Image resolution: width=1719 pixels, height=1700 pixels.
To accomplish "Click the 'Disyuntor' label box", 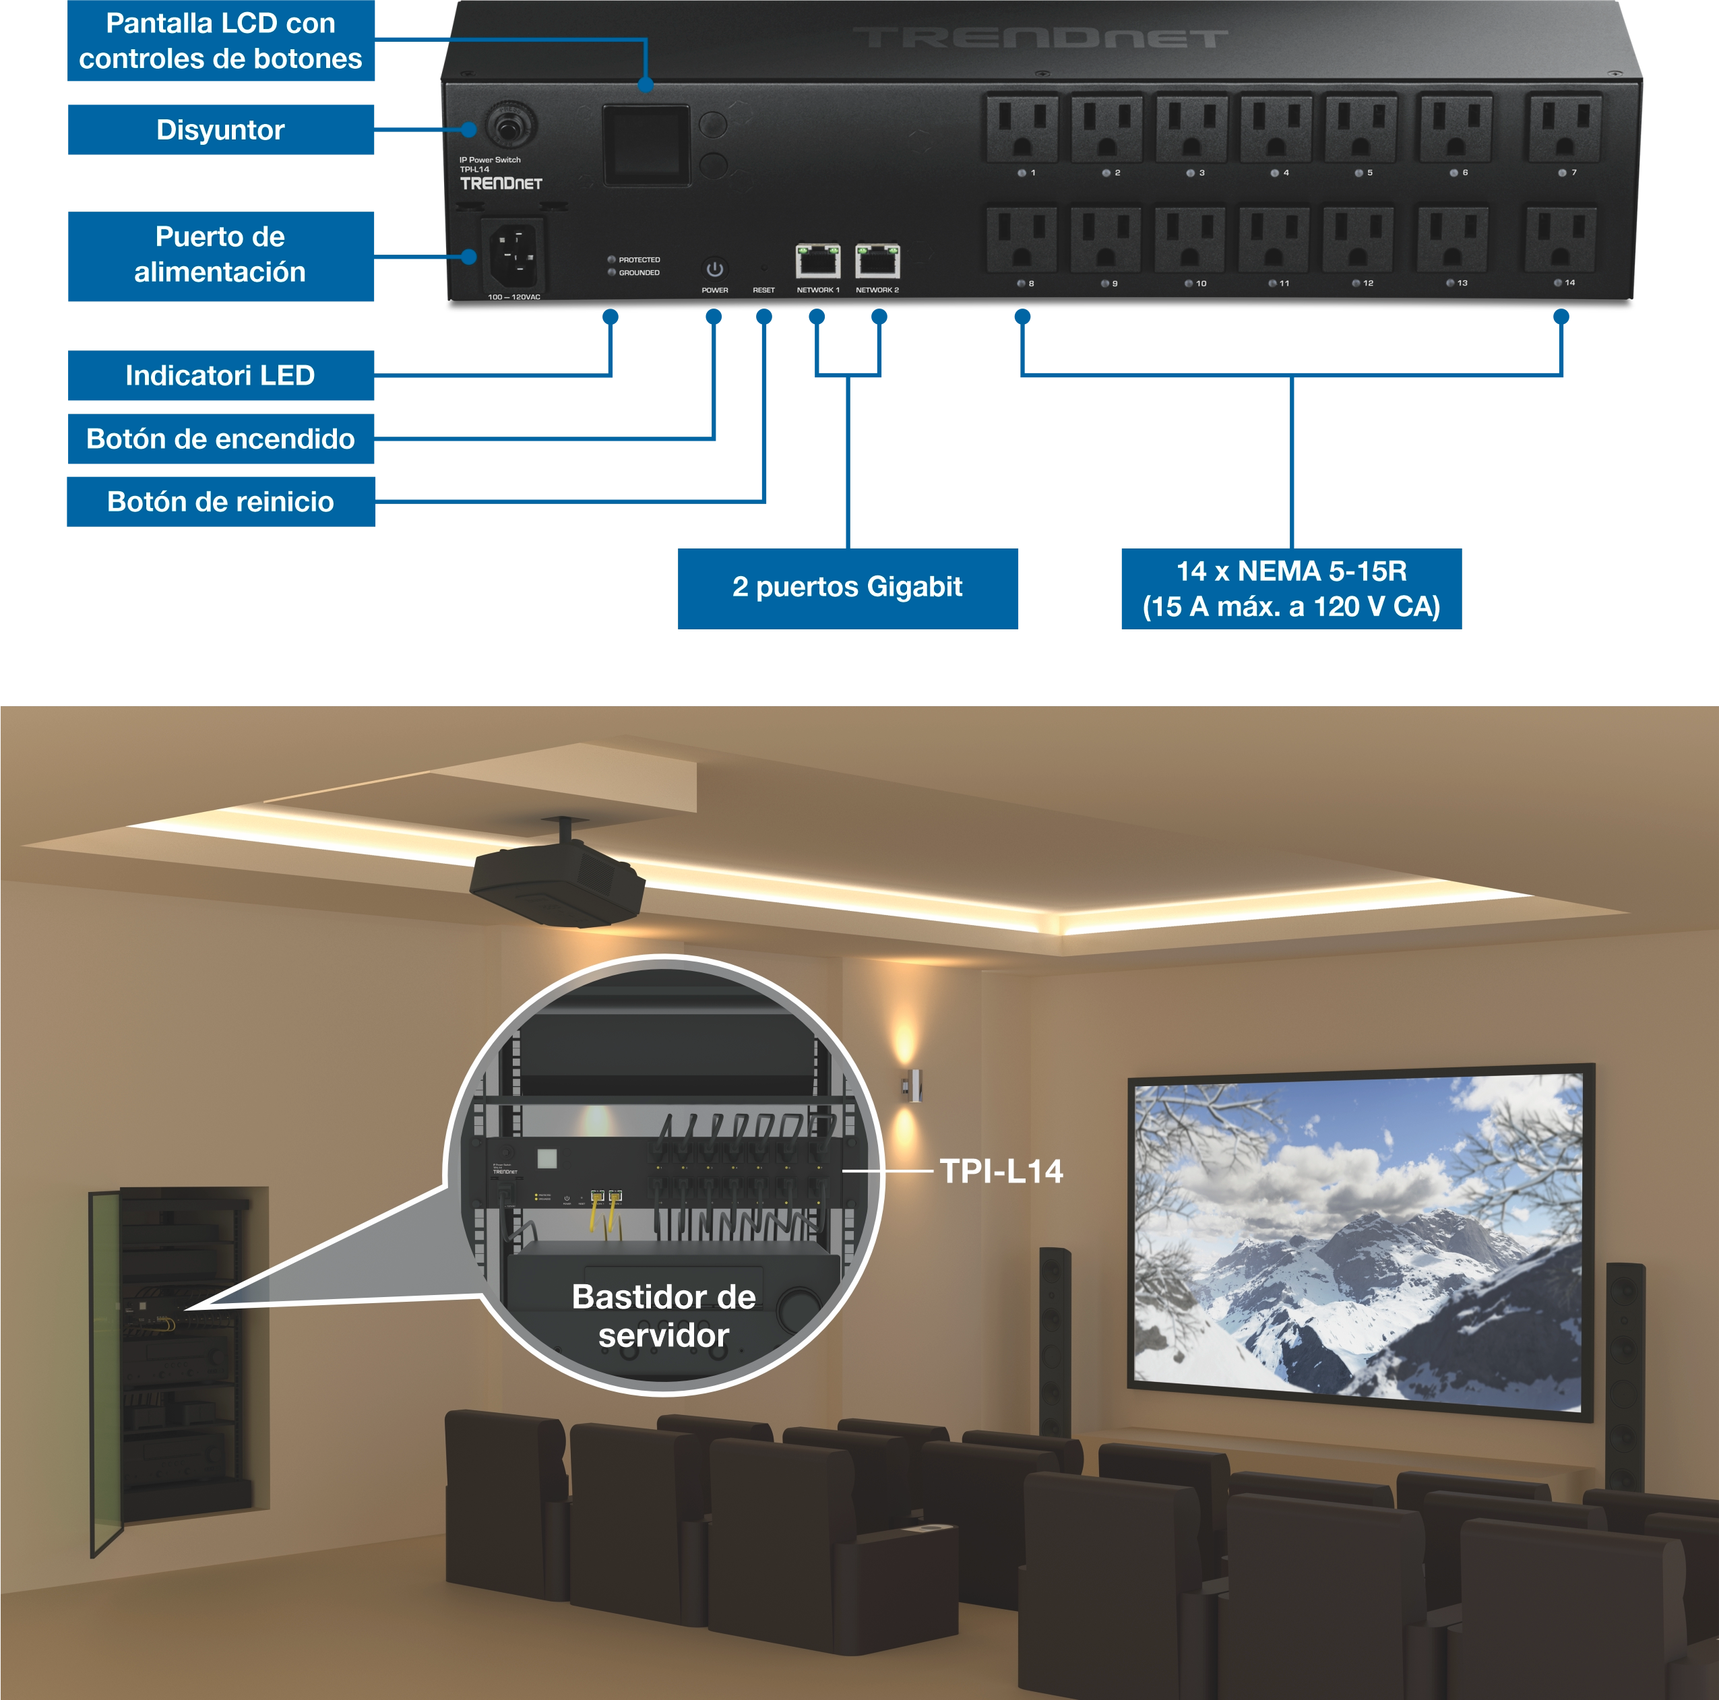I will [220, 131].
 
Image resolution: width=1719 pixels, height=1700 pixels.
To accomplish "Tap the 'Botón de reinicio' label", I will [220, 503].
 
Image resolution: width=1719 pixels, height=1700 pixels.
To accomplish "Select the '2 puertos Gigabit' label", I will [846, 587].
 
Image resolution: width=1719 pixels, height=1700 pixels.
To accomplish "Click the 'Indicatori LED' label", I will [220, 375].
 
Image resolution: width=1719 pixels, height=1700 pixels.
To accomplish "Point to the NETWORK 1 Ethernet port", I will [817, 261].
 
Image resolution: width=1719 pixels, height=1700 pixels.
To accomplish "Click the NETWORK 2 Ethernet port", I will [877, 261].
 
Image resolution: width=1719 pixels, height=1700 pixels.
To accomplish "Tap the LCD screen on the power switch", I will [647, 145].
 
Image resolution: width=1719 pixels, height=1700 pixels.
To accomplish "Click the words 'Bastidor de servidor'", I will [664, 1316].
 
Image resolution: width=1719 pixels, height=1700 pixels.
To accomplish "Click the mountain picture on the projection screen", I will [1358, 1241].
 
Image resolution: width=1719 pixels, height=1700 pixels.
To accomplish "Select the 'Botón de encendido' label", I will [220, 439].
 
